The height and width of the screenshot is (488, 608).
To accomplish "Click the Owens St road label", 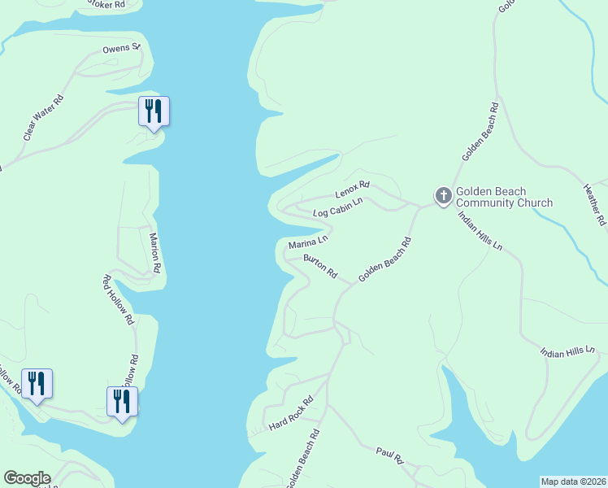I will (x=122, y=49).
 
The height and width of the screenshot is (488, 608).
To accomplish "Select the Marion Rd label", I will (x=155, y=252).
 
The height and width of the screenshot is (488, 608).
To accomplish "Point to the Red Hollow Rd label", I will (x=118, y=300).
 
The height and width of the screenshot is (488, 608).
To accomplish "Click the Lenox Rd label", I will (x=353, y=190).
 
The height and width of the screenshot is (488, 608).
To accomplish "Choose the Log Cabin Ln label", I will (x=337, y=207).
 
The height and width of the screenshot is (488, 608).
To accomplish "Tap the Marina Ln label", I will (x=308, y=242).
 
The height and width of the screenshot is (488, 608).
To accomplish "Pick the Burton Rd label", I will (x=320, y=267).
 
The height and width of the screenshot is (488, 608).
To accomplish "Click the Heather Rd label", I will (x=594, y=203).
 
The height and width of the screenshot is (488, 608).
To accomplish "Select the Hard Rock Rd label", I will (x=291, y=415).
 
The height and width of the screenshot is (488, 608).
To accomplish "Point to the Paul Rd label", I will (x=389, y=455).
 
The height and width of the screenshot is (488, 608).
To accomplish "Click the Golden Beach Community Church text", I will (x=504, y=197).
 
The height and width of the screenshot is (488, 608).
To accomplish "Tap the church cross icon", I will (x=443, y=196).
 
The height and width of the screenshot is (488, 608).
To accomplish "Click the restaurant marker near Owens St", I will (x=154, y=111).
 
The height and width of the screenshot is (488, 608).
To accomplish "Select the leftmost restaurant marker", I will (x=37, y=383).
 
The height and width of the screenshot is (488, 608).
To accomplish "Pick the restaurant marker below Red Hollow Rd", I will (x=122, y=402).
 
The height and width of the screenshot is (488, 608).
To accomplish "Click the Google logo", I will (x=27, y=478).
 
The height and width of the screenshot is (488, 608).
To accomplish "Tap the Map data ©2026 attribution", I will (x=572, y=481).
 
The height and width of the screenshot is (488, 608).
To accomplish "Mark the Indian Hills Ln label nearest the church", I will (x=480, y=231).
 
